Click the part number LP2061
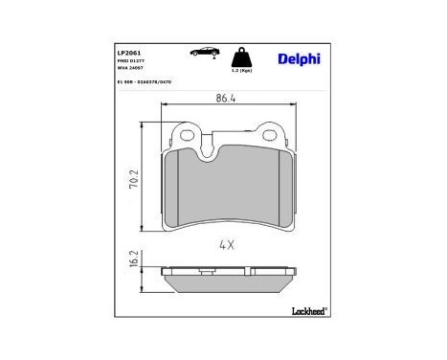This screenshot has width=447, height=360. point(130,50)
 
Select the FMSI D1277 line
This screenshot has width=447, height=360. point(130,59)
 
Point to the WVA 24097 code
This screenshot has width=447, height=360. point(130,68)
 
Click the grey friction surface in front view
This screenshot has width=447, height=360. point(228,191)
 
